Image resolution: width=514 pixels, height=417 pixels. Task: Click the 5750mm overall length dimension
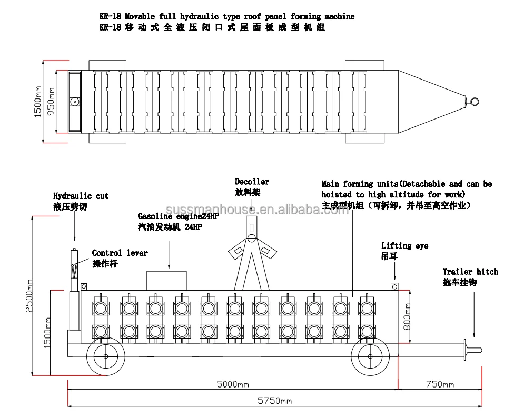pyautogui.click(x=274, y=401)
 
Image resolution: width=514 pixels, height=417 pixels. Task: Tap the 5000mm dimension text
pyautogui.click(x=233, y=384)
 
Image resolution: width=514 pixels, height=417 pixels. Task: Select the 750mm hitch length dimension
pyautogui.click(x=440, y=384)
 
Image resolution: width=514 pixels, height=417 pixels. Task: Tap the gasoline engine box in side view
pyautogui.click(x=166, y=280)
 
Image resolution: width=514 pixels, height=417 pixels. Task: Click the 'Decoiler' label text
pyautogui.click(x=252, y=182)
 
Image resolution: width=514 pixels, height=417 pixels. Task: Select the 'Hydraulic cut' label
pyautogui.click(x=81, y=196)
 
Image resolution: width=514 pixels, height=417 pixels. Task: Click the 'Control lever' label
pyautogui.click(x=120, y=253)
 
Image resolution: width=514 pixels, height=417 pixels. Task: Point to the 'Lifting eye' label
pyautogui.click(x=404, y=246)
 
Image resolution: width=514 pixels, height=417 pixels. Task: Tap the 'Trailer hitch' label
pyautogui.click(x=470, y=272)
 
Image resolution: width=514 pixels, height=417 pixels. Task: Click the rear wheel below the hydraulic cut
pyautogui.click(x=106, y=356)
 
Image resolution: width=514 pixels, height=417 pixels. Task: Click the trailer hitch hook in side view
pyautogui.click(x=472, y=349)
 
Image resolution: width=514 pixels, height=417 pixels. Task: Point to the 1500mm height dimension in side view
pyautogui.click(x=47, y=333)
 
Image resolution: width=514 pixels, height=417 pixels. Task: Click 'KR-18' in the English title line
pyautogui.click(x=110, y=16)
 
